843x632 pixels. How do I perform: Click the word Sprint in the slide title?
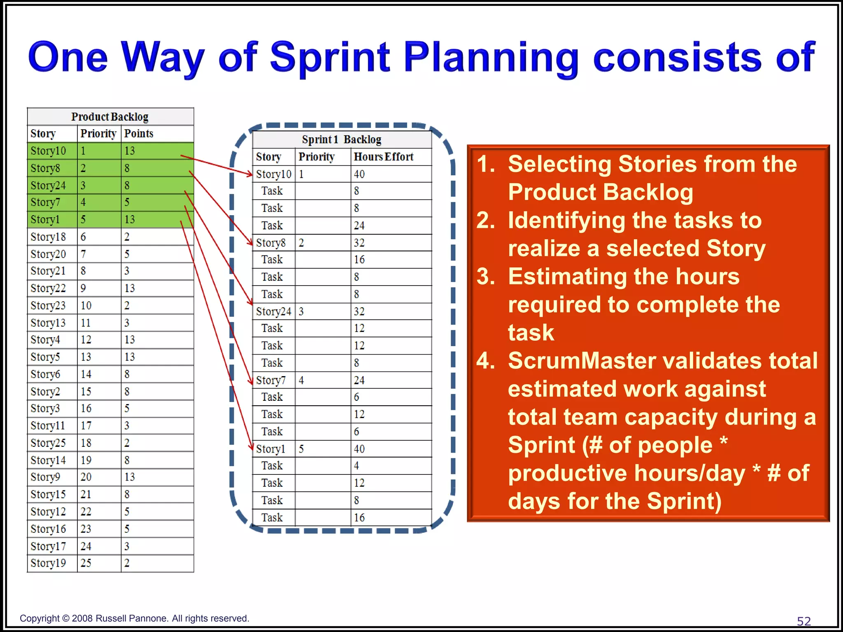(330, 58)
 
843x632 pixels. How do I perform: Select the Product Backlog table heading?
(110, 117)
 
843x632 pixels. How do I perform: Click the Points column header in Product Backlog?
(139, 134)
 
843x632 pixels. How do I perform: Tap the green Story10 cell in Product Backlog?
(49, 151)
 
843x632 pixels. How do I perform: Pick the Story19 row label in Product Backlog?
(48, 563)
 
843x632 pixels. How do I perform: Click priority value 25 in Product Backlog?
(86, 563)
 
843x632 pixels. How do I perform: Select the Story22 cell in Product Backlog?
(48, 288)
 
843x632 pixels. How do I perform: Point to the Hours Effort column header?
(383, 157)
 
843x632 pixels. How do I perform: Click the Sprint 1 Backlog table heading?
(341, 140)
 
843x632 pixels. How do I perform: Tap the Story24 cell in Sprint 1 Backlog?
(273, 312)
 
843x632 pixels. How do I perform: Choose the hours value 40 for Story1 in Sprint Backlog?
(359, 449)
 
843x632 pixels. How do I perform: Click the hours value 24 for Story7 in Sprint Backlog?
(359, 381)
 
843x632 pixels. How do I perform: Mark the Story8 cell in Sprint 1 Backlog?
(270, 243)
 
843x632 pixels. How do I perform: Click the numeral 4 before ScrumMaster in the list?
(485, 361)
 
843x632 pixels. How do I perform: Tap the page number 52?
(803, 621)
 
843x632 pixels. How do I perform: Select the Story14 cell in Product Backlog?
(48, 460)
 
